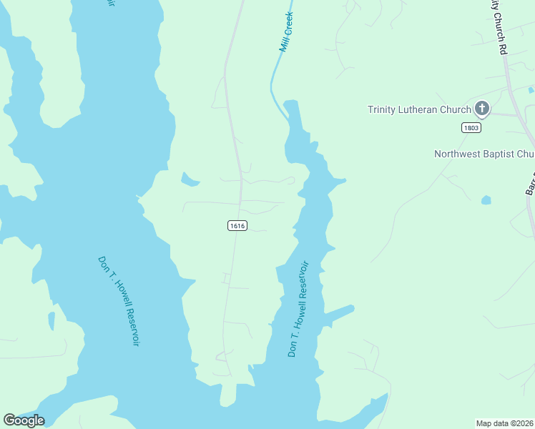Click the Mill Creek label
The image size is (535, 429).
click(x=286, y=31)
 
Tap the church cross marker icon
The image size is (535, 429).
click(x=482, y=109)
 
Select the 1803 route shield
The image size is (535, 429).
click(x=471, y=127)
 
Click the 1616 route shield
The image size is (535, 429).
click(x=237, y=225)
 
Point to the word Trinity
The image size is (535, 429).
click(x=383, y=109)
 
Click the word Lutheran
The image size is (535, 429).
click(x=421, y=109)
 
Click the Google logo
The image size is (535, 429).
click(x=24, y=420)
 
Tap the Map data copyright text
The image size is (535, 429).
click(x=505, y=423)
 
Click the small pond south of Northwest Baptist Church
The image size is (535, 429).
click(x=486, y=200)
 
